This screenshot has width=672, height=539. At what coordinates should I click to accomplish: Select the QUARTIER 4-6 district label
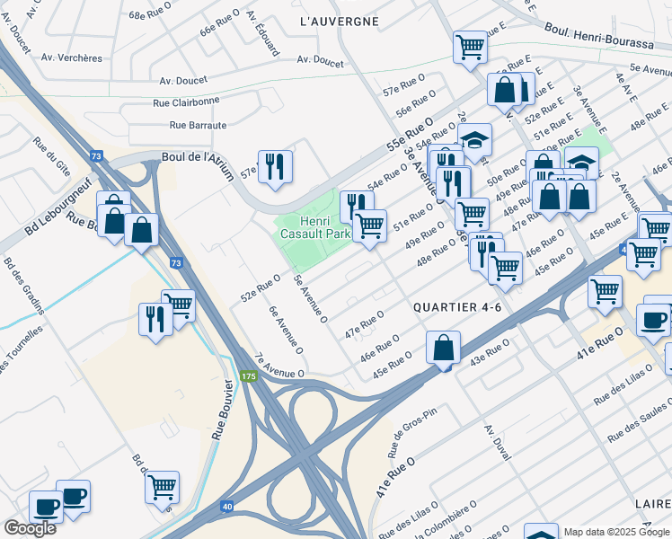pyautogui.click(x=456, y=307)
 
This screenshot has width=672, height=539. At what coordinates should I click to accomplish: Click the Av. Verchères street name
pyautogui.click(x=71, y=57)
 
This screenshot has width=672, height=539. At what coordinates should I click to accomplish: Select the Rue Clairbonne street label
pyautogui.click(x=186, y=102)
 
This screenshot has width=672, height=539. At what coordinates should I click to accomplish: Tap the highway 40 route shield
pyautogui.click(x=228, y=507)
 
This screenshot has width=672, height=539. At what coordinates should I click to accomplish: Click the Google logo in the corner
pyautogui.click(x=30, y=528)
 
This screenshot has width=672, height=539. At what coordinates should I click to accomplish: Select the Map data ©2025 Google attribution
pyautogui.click(x=616, y=532)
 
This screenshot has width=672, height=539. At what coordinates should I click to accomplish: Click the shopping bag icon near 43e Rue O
pyautogui.click(x=444, y=348)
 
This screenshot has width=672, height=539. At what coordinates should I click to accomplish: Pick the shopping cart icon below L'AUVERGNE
pyautogui.click(x=470, y=47)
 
